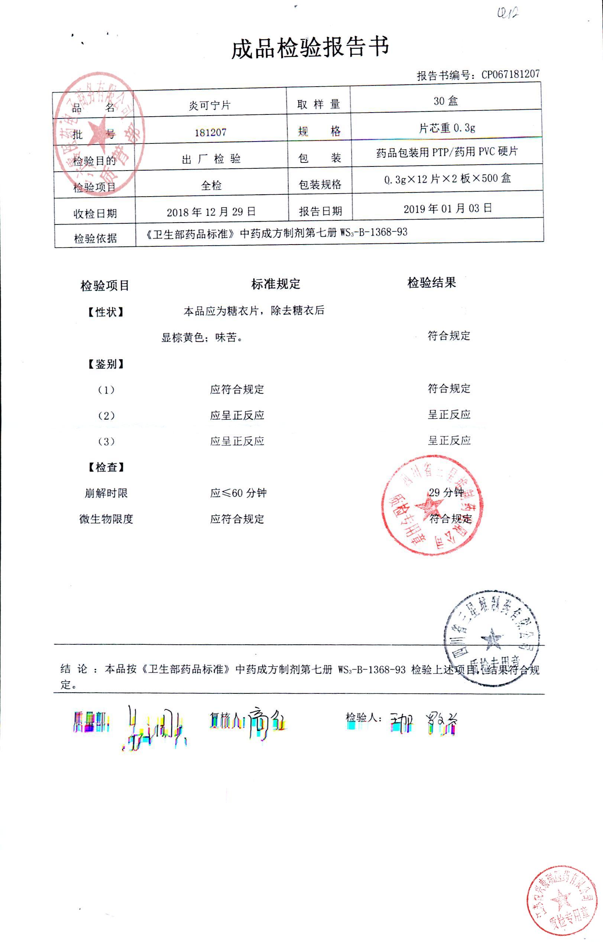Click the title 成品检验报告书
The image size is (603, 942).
tap(310, 48)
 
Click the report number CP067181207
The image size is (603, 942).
tap(510, 74)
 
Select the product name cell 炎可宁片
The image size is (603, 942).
tap(210, 105)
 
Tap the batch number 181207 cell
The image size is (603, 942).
tap(211, 132)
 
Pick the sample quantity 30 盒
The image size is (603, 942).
tap(445, 101)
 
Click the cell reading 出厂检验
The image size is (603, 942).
tap(211, 159)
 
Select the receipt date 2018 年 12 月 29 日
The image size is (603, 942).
tap(211, 212)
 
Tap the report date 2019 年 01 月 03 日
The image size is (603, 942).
tap(448, 208)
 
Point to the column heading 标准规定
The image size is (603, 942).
tap(276, 284)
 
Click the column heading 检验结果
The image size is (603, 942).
tap(431, 282)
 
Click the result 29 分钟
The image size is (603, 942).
tap(446, 492)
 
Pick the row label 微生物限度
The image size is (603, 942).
tap(106, 519)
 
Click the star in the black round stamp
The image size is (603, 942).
tap(492, 640)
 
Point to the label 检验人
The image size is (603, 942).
tap(363, 718)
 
